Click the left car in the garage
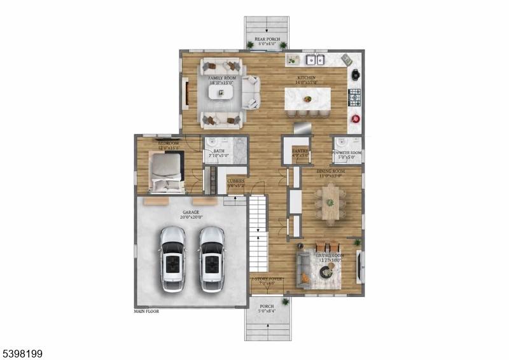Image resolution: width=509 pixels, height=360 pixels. click(172, 258)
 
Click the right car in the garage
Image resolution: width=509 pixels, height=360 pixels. click(211, 258)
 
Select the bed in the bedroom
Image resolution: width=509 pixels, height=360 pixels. click(168, 173)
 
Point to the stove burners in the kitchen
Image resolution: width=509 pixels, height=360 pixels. click(354, 97)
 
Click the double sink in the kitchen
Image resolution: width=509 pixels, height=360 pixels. click(314, 60)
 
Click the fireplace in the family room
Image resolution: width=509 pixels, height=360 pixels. click(186, 92)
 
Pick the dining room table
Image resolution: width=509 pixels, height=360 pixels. click(330, 203)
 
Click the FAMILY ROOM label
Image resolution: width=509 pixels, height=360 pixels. click(221, 80)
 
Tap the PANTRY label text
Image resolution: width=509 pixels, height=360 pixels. click(300, 151)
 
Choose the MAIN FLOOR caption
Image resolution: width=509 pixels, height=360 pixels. click(146, 312)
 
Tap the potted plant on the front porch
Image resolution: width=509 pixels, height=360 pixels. click(285, 301)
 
